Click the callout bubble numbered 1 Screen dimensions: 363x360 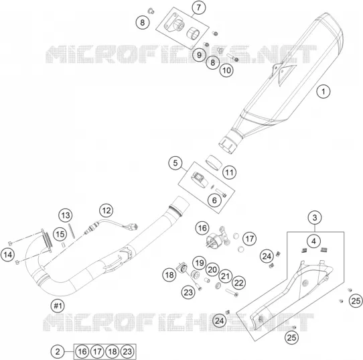pyautogui.click(x=323, y=91)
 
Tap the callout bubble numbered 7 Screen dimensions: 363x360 pyautogui.click(x=199, y=7)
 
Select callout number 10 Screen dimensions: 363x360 pyautogui.click(x=226, y=70)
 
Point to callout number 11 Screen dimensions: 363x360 pyautogui.click(x=230, y=172)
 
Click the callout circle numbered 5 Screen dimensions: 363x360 pyautogui.click(x=175, y=163)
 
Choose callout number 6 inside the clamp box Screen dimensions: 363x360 pyautogui.click(x=214, y=200)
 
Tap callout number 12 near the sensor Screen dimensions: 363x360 pyautogui.click(x=106, y=211)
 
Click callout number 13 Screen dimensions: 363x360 pyautogui.click(x=66, y=215)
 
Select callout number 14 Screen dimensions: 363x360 pyautogui.click(x=7, y=255)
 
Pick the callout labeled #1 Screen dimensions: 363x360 pyautogui.click(x=58, y=306)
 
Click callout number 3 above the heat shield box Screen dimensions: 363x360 pyautogui.click(x=315, y=217)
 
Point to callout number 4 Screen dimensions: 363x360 pyautogui.click(x=313, y=241)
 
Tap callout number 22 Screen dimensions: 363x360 pyautogui.click(x=239, y=283)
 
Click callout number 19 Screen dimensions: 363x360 pyautogui.click(x=200, y=263)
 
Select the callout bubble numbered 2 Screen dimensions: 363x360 pyautogui.click(x=58, y=352)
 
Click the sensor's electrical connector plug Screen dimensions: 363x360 pyautogui.click(x=134, y=227)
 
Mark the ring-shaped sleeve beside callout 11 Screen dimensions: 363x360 pyautogui.click(x=214, y=163)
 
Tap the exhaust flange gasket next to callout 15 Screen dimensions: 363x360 pyautogui.click(x=48, y=240)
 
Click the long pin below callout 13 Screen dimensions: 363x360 pyautogui.click(x=71, y=230)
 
